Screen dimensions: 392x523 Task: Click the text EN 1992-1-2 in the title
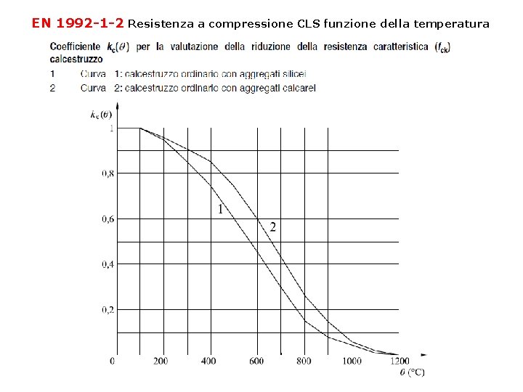click(78, 23)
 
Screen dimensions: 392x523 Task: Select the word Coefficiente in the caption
click(75, 47)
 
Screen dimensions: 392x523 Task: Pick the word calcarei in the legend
click(297, 88)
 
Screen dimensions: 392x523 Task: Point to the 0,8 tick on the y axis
click(107, 173)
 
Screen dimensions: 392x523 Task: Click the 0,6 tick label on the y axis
click(107, 219)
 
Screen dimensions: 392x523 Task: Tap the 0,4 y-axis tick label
click(107, 264)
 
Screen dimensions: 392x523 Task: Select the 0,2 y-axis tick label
click(107, 310)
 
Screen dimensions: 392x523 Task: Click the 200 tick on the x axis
click(161, 361)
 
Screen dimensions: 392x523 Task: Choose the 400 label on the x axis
click(208, 361)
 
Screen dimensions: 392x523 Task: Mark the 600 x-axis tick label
click(256, 361)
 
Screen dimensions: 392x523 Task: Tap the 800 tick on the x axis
click(304, 361)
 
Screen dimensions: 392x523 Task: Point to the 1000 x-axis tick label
click(352, 361)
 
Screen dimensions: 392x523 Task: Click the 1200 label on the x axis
click(400, 361)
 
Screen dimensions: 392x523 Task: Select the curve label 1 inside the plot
click(220, 209)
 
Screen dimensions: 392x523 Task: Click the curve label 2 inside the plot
click(272, 227)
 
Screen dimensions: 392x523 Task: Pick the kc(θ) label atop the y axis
click(101, 114)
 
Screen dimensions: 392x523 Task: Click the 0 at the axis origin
click(112, 361)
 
